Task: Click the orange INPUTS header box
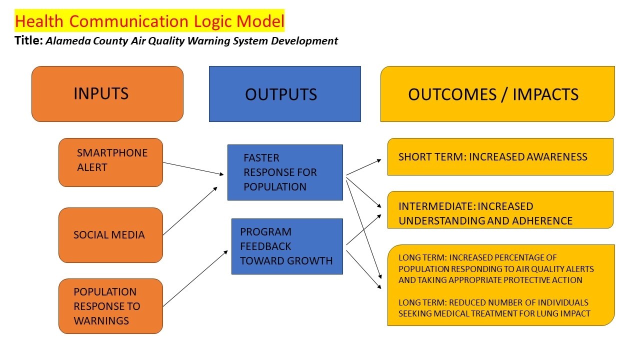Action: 107,94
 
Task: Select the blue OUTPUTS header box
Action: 284,94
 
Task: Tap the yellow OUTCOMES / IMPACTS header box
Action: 497,94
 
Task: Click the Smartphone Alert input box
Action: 110,162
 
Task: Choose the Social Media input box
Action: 110,235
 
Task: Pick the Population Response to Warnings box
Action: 110,306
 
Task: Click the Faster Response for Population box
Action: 285,172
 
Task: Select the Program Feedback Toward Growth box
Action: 287,246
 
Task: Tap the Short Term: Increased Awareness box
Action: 500,157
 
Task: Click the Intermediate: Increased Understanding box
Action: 500,210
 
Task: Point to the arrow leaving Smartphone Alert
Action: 193,168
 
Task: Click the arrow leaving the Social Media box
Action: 190,210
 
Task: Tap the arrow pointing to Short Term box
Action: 363,167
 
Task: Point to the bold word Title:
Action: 28,40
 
